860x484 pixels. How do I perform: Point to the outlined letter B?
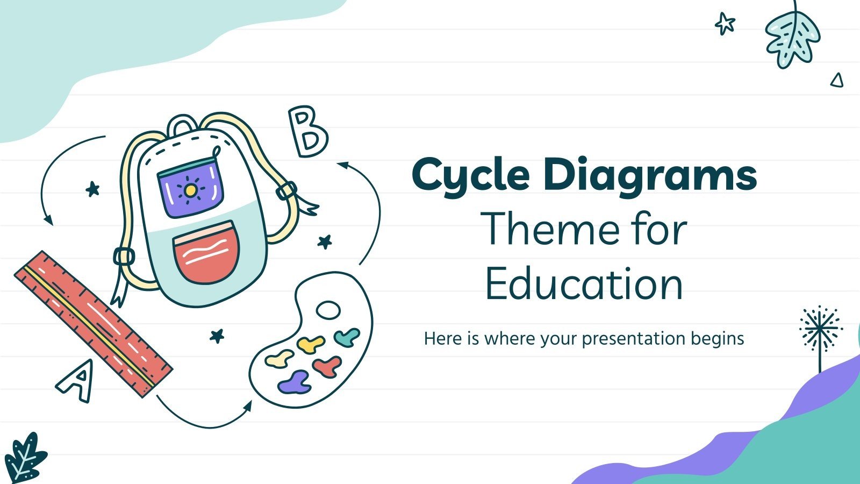point(308,132)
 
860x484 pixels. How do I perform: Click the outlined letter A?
point(76,381)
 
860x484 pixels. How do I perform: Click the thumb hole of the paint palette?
point(328,310)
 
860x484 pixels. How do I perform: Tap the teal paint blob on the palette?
point(347,338)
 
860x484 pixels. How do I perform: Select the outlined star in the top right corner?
point(725,24)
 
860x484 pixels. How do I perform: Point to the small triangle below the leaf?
point(837,81)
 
